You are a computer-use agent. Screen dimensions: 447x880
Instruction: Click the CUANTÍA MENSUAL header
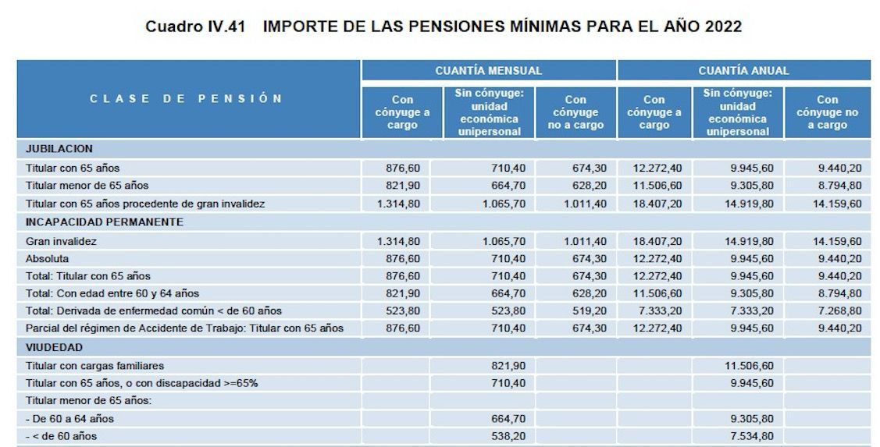pyautogui.click(x=488, y=70)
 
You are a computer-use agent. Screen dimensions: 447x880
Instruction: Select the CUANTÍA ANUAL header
pyautogui.click(x=743, y=70)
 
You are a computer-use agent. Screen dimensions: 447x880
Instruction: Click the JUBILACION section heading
pyautogui.click(x=59, y=148)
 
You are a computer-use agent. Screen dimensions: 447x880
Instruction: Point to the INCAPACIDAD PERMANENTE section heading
pyautogui.click(x=104, y=222)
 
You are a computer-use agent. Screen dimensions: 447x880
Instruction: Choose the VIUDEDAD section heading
pyautogui.click(x=54, y=347)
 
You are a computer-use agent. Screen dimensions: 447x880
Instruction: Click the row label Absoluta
pyautogui.click(x=48, y=258)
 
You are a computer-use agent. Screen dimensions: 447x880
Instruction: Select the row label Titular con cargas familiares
pyautogui.click(x=94, y=365)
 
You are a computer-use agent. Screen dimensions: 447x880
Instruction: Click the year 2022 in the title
pyautogui.click(x=721, y=27)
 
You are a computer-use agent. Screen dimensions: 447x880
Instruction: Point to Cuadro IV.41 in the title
pyautogui.click(x=195, y=27)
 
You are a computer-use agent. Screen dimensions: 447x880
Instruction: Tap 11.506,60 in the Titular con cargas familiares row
pyautogui.click(x=748, y=365)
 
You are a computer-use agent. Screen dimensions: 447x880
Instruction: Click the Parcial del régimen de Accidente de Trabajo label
pyautogui.click(x=184, y=328)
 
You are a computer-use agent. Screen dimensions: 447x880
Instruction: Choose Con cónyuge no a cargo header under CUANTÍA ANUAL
pyautogui.click(x=827, y=112)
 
